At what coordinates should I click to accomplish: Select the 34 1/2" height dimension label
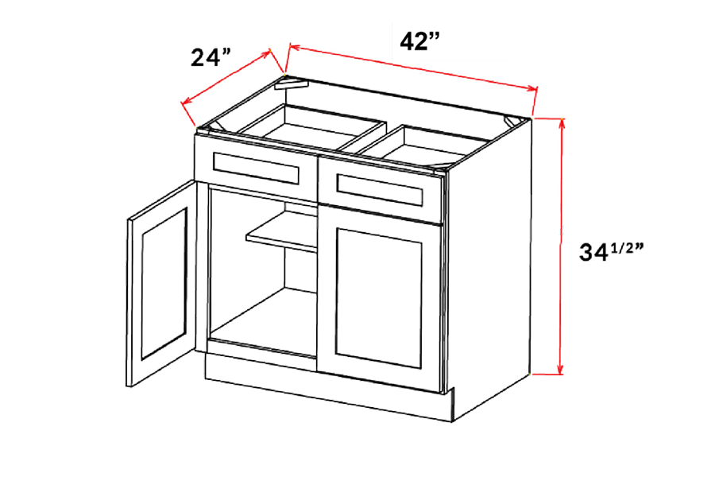tap(609, 252)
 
